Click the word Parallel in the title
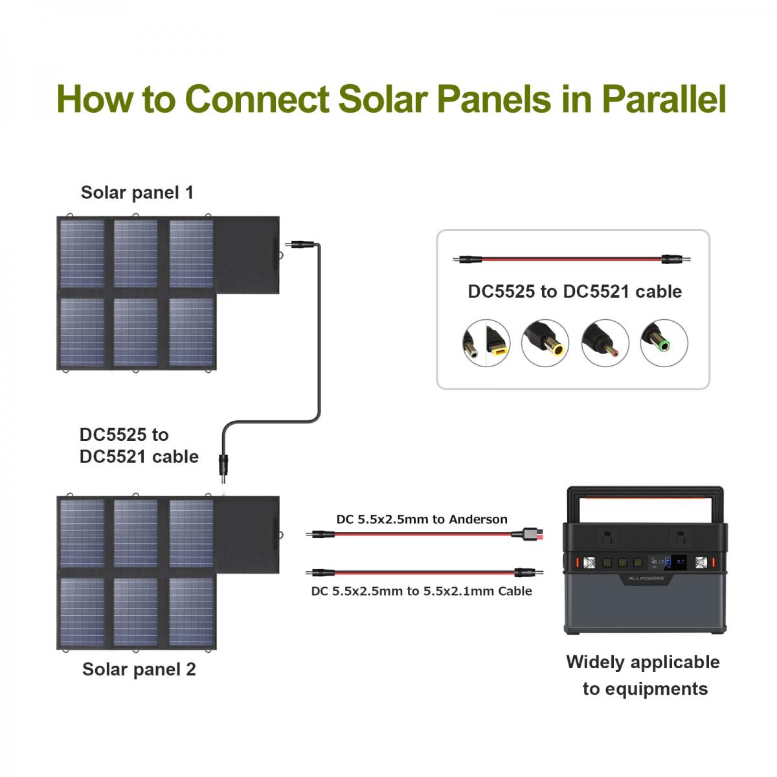(x=664, y=99)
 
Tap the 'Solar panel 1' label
(x=137, y=192)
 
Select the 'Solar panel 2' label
(x=139, y=669)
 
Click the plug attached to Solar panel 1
(x=302, y=245)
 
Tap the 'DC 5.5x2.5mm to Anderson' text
(x=422, y=519)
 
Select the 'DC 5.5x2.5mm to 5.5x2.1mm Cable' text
(x=422, y=591)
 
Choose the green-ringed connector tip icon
(x=664, y=343)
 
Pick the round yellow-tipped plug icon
(x=545, y=343)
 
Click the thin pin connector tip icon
(x=605, y=343)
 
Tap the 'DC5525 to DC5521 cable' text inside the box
(x=574, y=291)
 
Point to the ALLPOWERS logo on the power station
(x=646, y=578)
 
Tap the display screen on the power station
(x=678, y=563)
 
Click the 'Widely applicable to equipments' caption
(x=644, y=675)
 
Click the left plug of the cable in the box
(x=467, y=260)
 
